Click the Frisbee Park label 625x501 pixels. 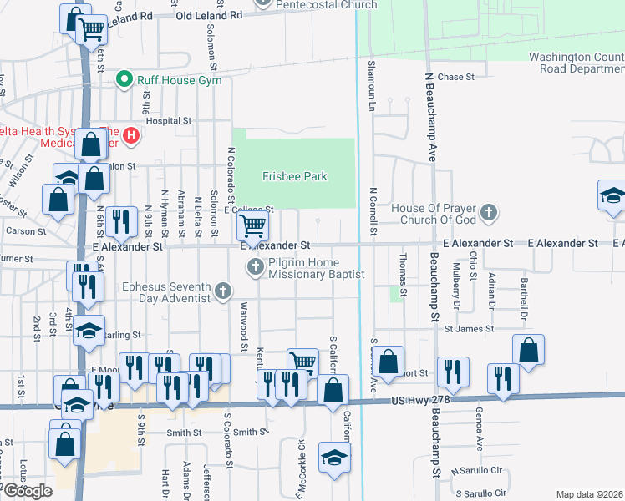[294, 176]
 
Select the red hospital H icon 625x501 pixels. [130, 134]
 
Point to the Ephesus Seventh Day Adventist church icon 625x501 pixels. [222, 291]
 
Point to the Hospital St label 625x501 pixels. [170, 121]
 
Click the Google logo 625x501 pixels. [27, 491]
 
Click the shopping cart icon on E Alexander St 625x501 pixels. [252, 224]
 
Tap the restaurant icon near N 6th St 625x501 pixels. [122, 220]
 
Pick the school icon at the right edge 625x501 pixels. [612, 195]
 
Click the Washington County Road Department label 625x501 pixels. [576, 63]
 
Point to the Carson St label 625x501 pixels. [19, 230]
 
